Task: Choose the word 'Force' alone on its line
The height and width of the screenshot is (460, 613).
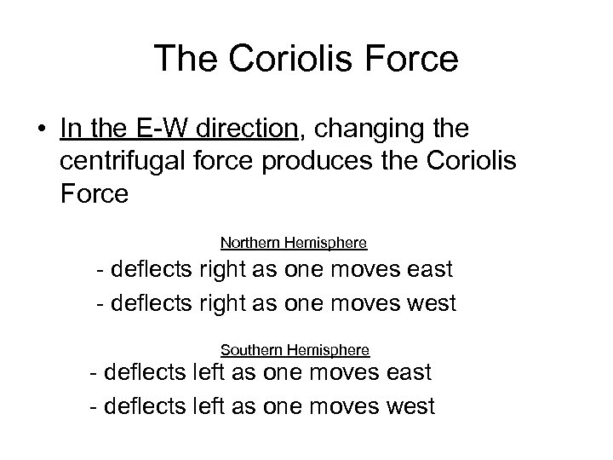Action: [x=95, y=195]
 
